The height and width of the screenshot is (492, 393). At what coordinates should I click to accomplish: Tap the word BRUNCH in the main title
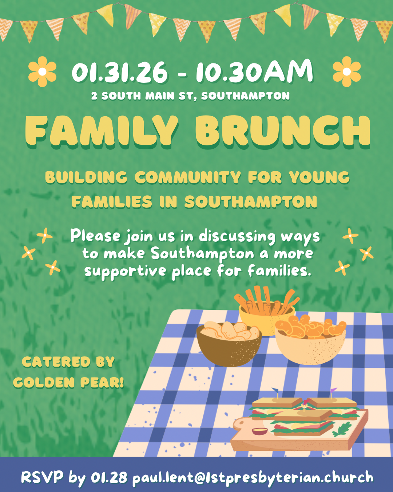[282, 130]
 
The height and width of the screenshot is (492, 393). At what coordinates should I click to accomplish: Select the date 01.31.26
[120, 72]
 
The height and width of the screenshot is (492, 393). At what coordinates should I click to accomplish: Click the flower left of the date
[43, 71]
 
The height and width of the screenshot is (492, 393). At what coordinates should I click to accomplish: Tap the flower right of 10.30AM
[346, 71]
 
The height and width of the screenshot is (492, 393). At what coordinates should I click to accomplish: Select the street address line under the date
[191, 96]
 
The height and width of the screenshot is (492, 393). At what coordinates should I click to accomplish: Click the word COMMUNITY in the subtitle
[187, 177]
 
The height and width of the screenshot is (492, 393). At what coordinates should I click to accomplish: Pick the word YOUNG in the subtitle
[319, 177]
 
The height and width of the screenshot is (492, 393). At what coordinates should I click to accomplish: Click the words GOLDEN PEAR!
[68, 383]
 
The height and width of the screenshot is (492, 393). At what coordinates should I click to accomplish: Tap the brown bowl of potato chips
[229, 344]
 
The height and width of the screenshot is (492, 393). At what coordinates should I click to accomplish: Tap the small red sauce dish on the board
[259, 431]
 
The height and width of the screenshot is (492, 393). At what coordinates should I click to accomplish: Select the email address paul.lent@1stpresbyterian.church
[253, 477]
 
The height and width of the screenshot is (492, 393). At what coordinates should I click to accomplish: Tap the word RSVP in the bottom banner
[42, 477]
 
